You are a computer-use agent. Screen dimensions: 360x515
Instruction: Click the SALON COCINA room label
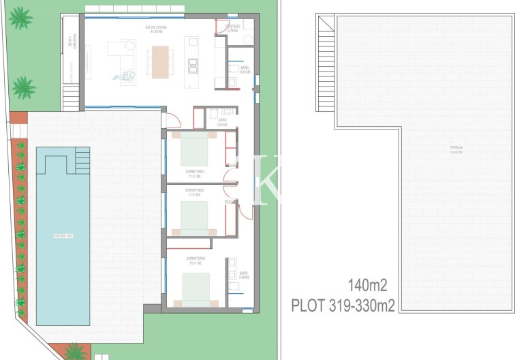pyautogui.click(x=155, y=29)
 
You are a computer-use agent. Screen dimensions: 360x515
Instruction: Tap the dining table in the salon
pyautogui.click(x=160, y=61)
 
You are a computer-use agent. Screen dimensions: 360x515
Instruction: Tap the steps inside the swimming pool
pyautogui.click(x=82, y=160)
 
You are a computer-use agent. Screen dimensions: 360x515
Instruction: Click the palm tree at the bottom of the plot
pyautogui.click(x=74, y=352)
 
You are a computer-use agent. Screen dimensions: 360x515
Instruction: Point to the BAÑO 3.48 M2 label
pyautogui.click(x=244, y=275)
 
